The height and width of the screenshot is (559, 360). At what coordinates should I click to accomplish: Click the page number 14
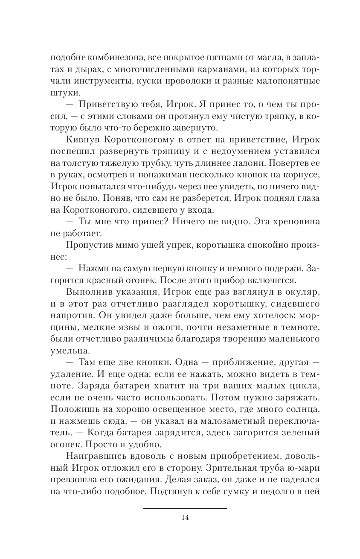(185, 518)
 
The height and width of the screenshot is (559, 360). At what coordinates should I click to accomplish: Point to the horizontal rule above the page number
(185, 508)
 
